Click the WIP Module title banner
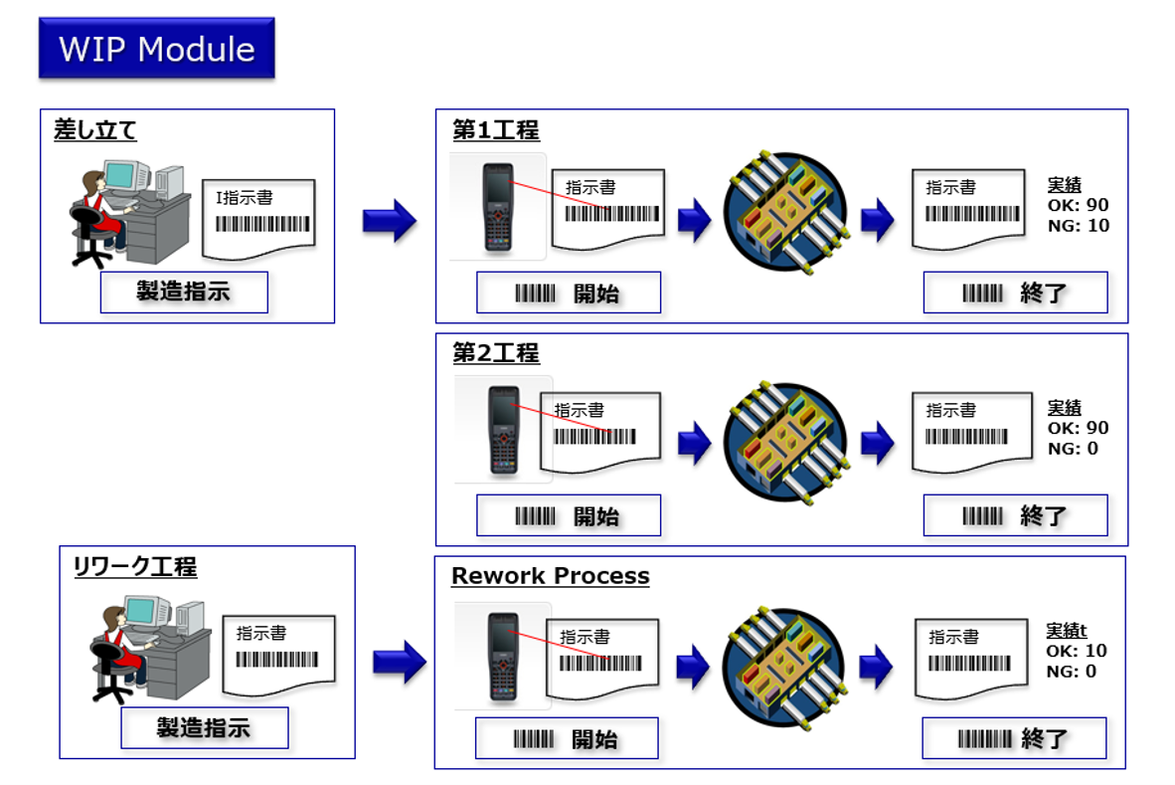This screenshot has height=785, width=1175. pyautogui.click(x=156, y=48)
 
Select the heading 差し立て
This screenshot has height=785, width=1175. pyautogui.click(x=95, y=130)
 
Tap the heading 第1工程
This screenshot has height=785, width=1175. pyautogui.click(x=495, y=130)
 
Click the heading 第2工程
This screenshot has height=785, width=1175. pyautogui.click(x=495, y=353)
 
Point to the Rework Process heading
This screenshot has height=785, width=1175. pyautogui.click(x=550, y=576)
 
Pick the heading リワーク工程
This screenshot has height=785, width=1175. pyautogui.click(x=135, y=567)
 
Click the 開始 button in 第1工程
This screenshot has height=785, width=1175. pyautogui.click(x=569, y=294)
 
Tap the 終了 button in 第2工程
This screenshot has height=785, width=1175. pyautogui.click(x=1015, y=516)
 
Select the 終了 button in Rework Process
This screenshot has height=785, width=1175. pyautogui.click(x=1014, y=739)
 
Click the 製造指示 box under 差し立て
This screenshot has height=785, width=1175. pyautogui.click(x=184, y=293)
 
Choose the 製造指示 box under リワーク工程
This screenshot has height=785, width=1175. pyautogui.click(x=204, y=727)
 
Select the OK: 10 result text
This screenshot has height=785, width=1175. pyautogui.click(x=1077, y=651)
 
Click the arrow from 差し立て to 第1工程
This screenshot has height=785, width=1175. pyautogui.click(x=389, y=220)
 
